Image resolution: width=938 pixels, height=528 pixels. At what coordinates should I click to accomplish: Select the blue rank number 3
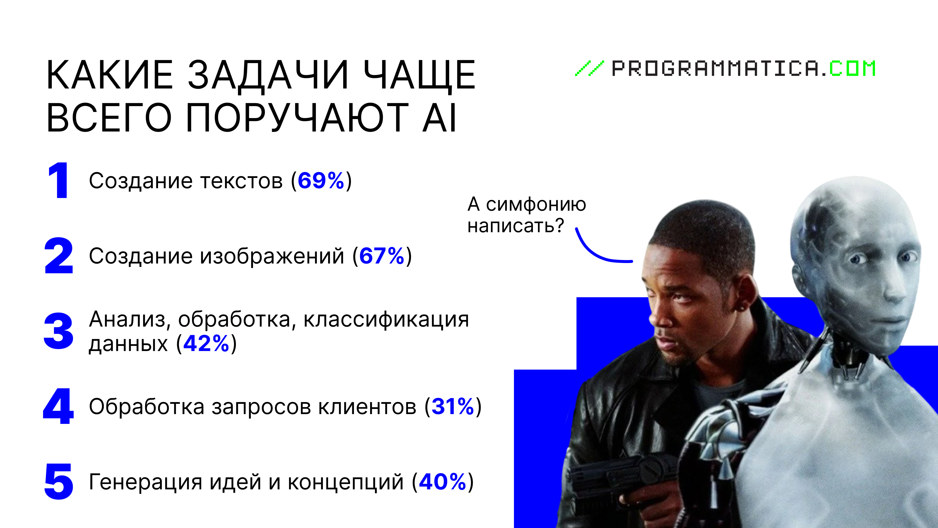pyautogui.click(x=58, y=331)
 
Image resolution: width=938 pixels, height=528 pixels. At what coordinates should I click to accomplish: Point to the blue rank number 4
pyautogui.click(x=58, y=406)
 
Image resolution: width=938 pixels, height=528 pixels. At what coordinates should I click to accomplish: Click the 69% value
pyautogui.click(x=321, y=180)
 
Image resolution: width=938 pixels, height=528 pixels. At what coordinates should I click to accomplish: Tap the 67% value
pyautogui.click(x=382, y=256)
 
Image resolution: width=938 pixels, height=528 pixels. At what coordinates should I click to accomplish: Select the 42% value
pyautogui.click(x=206, y=343)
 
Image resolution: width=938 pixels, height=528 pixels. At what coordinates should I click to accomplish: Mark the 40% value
pyautogui.click(x=442, y=482)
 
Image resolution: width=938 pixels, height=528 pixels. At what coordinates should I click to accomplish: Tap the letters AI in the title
pyautogui.click(x=439, y=117)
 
